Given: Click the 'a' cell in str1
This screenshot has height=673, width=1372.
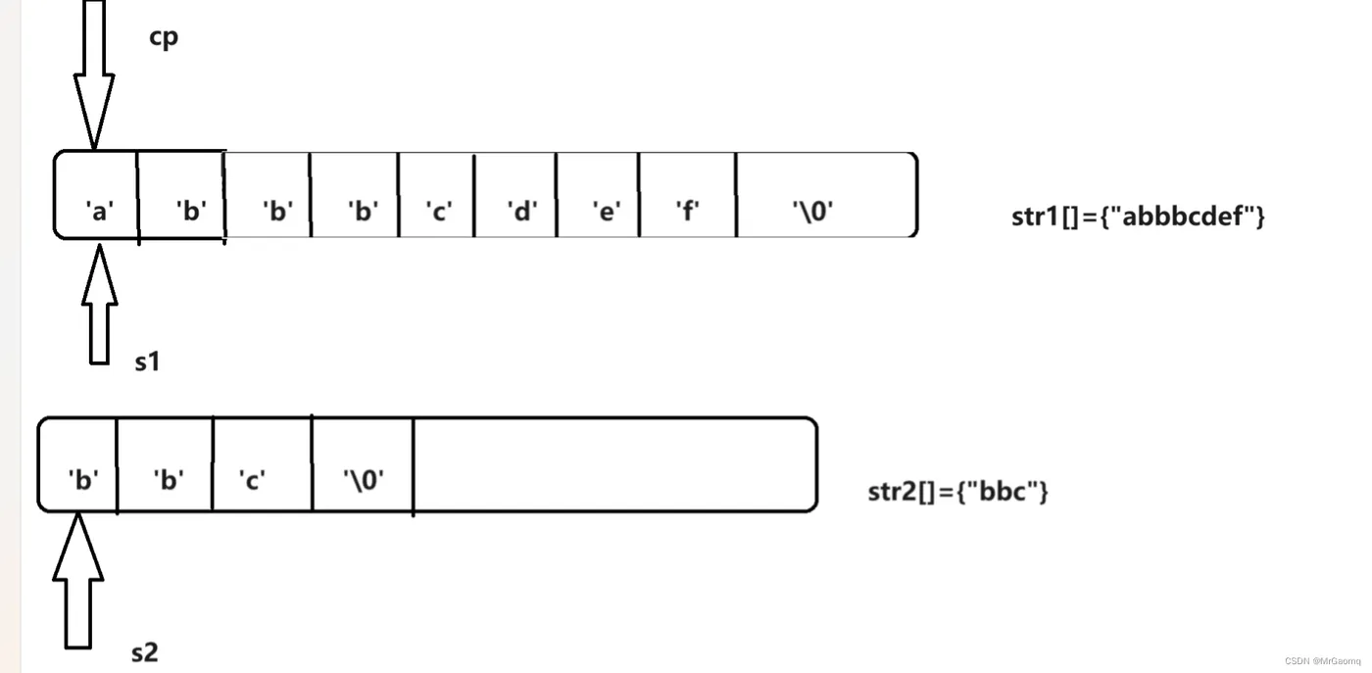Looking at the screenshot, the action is [x=96, y=195].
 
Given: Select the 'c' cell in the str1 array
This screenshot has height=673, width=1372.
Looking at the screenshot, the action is [x=436, y=195].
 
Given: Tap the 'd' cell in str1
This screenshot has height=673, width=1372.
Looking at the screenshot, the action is [x=515, y=195].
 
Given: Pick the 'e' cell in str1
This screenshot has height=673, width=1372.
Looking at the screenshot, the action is [x=598, y=195].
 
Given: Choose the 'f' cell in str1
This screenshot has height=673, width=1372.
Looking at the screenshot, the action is [x=688, y=195].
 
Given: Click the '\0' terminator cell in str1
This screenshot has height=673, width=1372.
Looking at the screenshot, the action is [x=827, y=195].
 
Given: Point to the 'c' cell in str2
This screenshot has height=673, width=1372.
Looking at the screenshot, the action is [x=263, y=464].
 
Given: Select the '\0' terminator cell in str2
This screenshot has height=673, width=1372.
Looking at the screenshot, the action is [x=363, y=464].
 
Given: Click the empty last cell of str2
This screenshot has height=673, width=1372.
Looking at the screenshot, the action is [x=615, y=464].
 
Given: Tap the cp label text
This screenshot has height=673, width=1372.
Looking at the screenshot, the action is [x=164, y=38].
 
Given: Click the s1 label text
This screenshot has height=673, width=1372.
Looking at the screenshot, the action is [x=147, y=361].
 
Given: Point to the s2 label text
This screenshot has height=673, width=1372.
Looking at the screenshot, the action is [x=145, y=652].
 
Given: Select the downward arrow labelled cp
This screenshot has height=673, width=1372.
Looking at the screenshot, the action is [x=94, y=74].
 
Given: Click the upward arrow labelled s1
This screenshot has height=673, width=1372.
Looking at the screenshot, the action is [x=99, y=305].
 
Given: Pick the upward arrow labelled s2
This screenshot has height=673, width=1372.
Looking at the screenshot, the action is [x=78, y=581].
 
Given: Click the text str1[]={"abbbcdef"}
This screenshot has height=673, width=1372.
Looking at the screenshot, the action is [x=1138, y=216].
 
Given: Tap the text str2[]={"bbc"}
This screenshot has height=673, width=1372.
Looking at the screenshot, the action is [x=958, y=491].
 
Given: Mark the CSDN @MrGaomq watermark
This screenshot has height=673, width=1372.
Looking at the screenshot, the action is [x=1322, y=661].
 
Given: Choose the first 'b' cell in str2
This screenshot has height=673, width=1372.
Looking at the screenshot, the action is [x=77, y=464].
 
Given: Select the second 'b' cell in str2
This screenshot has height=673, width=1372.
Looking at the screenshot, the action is [x=165, y=464].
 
